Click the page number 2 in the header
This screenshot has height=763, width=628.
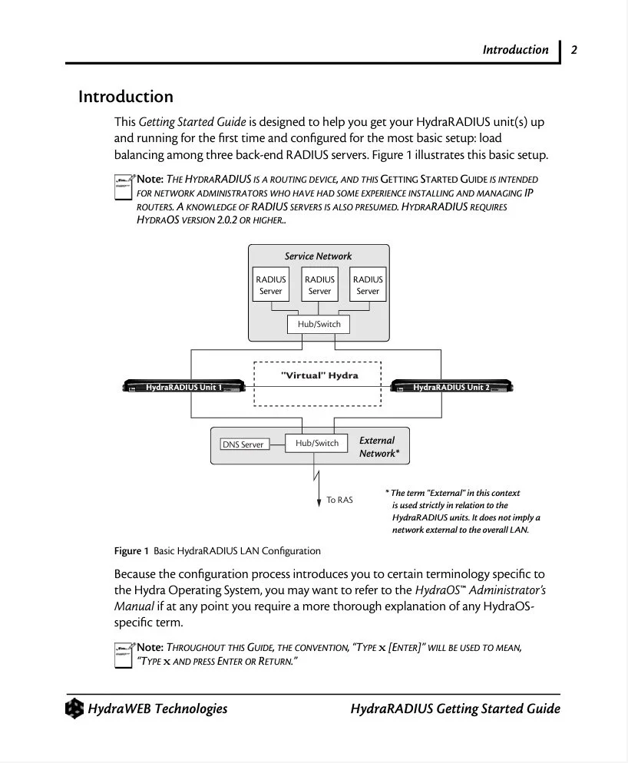tap(573, 50)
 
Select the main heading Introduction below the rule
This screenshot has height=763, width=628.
tap(126, 97)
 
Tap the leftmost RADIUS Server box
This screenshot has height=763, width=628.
tap(271, 285)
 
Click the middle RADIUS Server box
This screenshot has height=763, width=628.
tap(319, 285)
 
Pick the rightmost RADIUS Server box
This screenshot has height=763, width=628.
tap(368, 285)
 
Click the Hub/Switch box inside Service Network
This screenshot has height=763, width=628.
tap(319, 324)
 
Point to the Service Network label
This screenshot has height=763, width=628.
tap(318, 256)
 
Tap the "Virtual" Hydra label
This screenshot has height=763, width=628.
tap(319, 375)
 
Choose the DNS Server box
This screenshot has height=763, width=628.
tap(243, 444)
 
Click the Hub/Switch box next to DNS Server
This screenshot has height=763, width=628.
tap(316, 443)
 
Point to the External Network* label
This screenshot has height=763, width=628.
tap(378, 447)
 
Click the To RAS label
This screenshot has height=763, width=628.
tap(339, 500)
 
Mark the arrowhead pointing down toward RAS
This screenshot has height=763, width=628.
tap(319, 503)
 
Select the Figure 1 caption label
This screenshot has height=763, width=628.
tap(131, 551)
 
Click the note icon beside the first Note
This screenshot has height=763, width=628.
tap(124, 186)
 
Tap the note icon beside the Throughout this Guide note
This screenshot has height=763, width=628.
tap(124, 655)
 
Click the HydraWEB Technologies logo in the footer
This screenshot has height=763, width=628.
tap(74, 708)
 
